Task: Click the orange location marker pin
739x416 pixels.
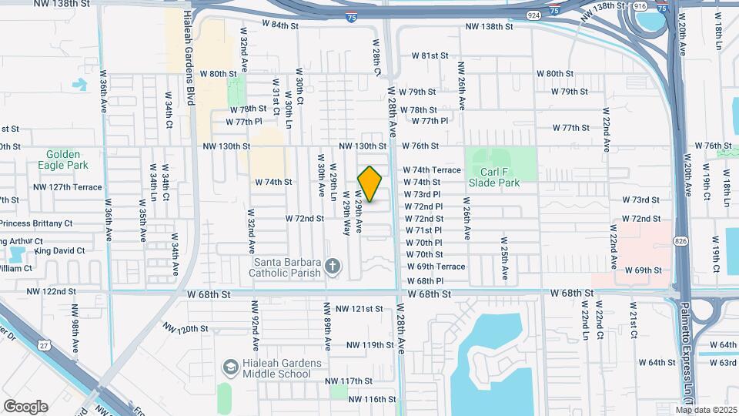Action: (x=370, y=184)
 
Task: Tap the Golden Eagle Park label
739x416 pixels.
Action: (x=62, y=159)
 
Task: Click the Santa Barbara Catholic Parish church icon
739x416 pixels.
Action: (x=333, y=267)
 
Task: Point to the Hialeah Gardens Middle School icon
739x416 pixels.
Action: (x=229, y=367)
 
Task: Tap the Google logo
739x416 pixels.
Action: (x=25, y=406)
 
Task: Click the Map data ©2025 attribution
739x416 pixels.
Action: (x=707, y=409)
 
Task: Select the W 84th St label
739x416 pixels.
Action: (x=279, y=25)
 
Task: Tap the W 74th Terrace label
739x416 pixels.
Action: (x=432, y=170)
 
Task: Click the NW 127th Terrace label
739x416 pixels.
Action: (x=67, y=187)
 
